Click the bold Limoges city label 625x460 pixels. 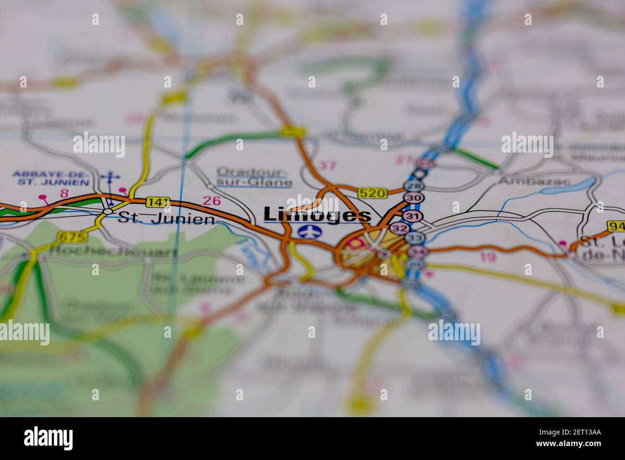pyautogui.click(x=317, y=215)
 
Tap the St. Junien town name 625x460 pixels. pyautogui.click(x=166, y=219)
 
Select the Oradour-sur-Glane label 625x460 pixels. pyautogui.click(x=254, y=177)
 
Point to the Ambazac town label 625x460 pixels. pyautogui.click(x=535, y=181)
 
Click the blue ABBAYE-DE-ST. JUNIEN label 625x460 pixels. pyautogui.click(x=50, y=178)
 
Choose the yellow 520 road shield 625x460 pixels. pyautogui.click(x=373, y=193)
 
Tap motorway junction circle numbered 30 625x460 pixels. pyautogui.click(x=412, y=198)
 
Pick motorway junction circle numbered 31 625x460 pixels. pyautogui.click(x=412, y=216)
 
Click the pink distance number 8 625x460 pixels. pyautogui.click(x=64, y=193)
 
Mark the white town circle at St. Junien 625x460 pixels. pyautogui.click(x=108, y=211)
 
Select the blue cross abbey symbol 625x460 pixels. pyautogui.click(x=110, y=177)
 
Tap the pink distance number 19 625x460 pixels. pyautogui.click(x=487, y=257)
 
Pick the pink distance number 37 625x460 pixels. pyautogui.click(x=328, y=166)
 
